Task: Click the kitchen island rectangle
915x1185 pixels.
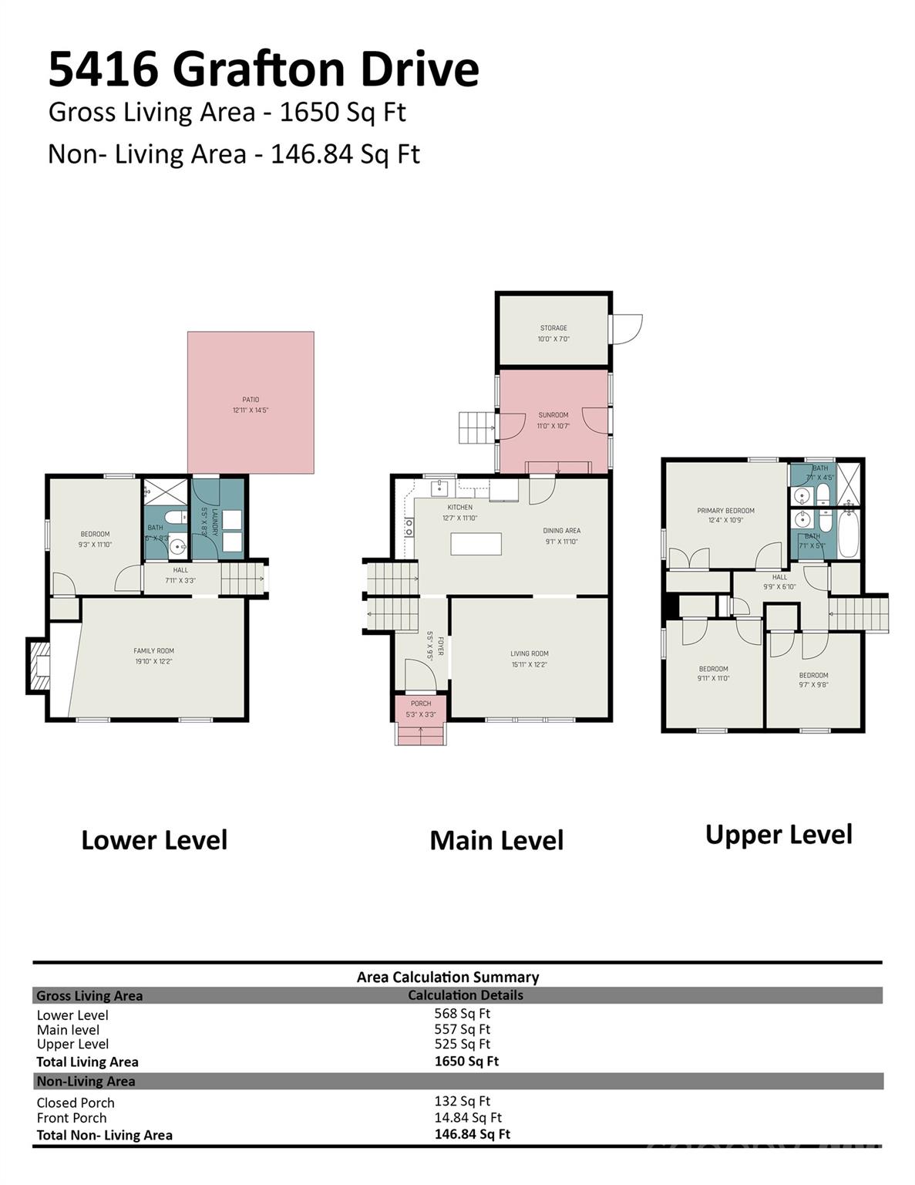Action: coord(476,544)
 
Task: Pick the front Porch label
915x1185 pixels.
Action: coord(421,704)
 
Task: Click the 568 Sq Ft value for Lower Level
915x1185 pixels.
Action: coord(462,1014)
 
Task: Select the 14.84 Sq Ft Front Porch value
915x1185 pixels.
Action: coord(467,1117)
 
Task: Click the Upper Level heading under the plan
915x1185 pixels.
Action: coord(779,835)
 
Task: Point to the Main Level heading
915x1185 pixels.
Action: coord(496,840)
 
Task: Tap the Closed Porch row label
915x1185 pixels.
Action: coord(76,1102)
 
